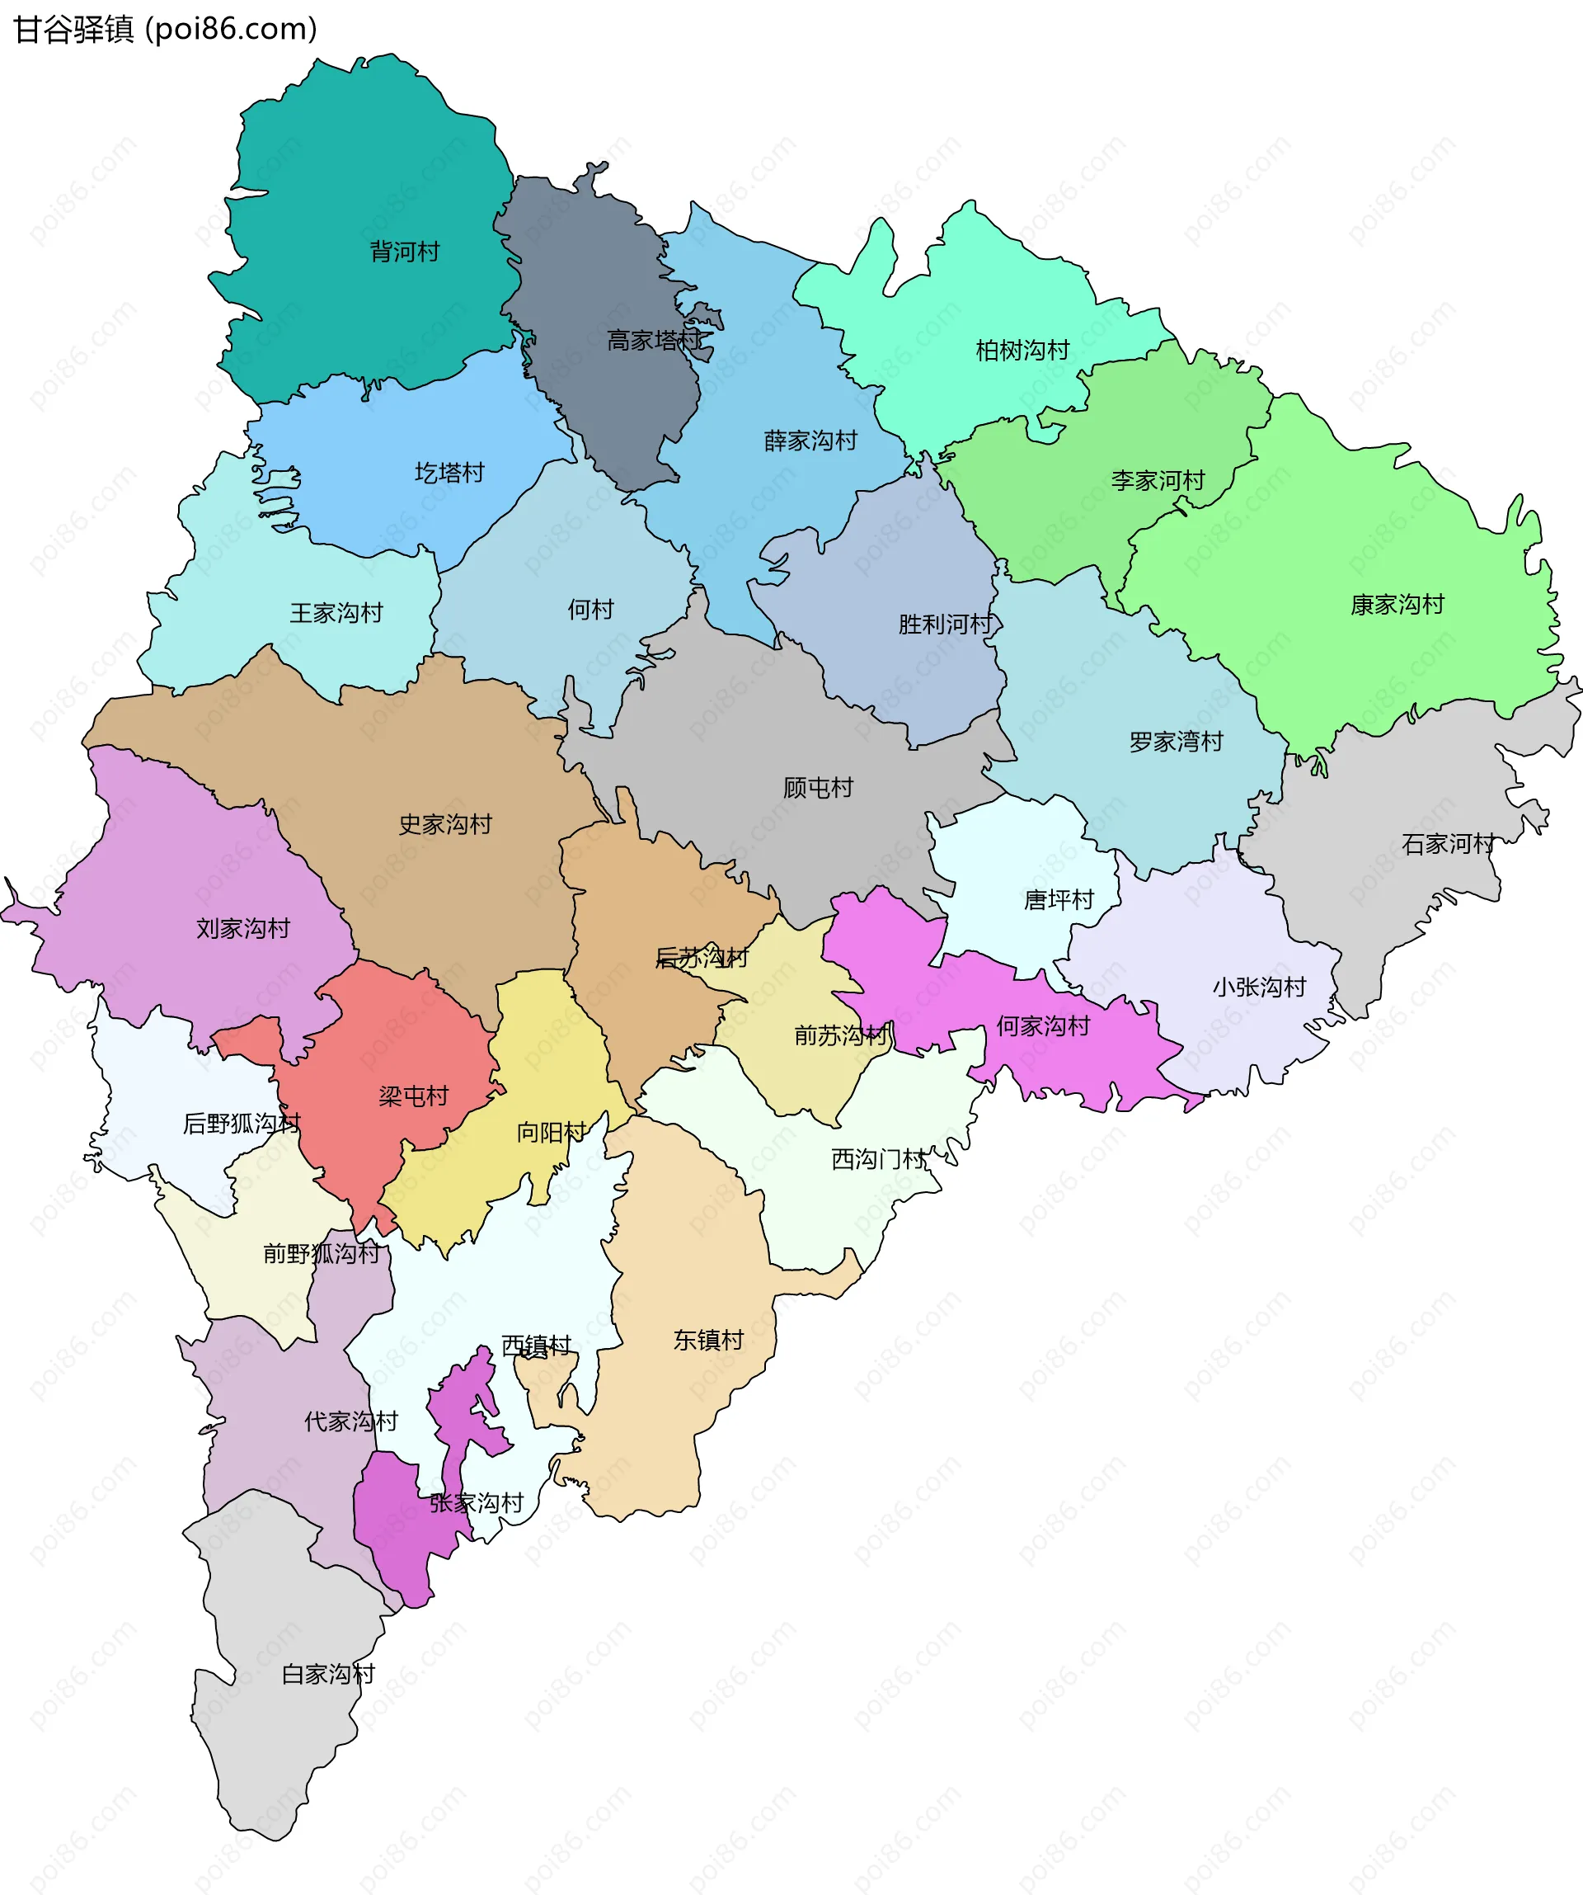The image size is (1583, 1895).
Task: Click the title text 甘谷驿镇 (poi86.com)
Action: click(x=165, y=30)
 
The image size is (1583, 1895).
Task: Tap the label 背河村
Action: click(x=404, y=252)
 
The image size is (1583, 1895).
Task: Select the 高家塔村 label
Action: click(x=653, y=341)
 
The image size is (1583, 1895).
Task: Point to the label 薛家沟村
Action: click(x=810, y=441)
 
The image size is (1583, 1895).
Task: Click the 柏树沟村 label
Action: click(x=1022, y=351)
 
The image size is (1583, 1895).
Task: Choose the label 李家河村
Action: click(x=1158, y=481)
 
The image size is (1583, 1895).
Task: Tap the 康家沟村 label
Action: click(x=1397, y=606)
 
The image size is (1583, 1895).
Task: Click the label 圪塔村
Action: click(x=449, y=473)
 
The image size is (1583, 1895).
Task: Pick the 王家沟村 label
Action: click(x=336, y=614)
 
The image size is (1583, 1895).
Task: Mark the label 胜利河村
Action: click(x=944, y=625)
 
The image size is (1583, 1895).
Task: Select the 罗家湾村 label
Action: click(x=1176, y=742)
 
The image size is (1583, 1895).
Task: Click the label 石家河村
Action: click(x=1448, y=845)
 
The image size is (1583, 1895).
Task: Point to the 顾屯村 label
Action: click(x=817, y=789)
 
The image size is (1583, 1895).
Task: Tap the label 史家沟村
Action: click(x=444, y=825)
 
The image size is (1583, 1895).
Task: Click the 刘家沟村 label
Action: click(x=242, y=929)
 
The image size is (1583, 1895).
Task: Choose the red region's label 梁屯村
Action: click(x=413, y=1096)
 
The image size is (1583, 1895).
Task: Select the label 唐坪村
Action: click(x=1058, y=900)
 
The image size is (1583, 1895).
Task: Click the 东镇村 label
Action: click(x=708, y=1340)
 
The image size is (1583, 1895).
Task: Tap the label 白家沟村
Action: click(x=327, y=1675)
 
